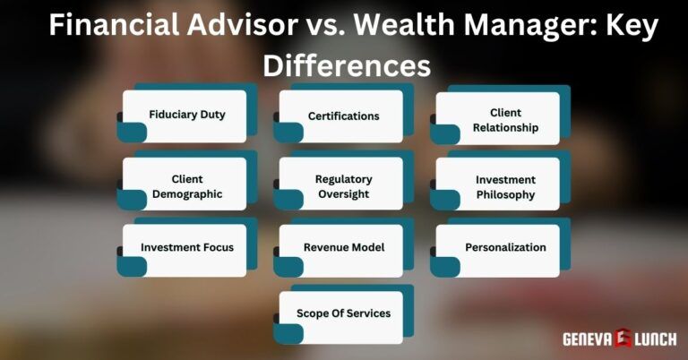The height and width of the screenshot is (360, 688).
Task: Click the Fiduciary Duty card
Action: (x=187, y=116)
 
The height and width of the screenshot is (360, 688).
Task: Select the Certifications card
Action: (x=343, y=116)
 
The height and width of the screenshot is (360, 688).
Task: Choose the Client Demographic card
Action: (x=187, y=185)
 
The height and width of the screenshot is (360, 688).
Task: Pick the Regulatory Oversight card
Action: (x=343, y=185)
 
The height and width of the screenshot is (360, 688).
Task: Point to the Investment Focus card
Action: (x=187, y=247)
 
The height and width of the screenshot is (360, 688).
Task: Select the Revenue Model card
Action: (x=343, y=247)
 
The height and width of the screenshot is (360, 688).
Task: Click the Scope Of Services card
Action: (x=343, y=313)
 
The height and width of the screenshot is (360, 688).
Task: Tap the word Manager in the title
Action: (x=529, y=25)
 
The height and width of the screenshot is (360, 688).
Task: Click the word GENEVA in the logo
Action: (x=587, y=339)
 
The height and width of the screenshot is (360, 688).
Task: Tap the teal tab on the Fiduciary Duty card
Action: (x=132, y=133)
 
